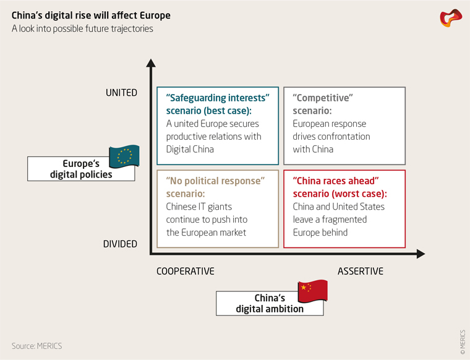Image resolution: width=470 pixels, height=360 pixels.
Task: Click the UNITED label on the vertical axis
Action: pyautogui.click(x=121, y=93)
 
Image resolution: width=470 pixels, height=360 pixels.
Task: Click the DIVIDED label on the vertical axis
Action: pyautogui.click(x=120, y=244)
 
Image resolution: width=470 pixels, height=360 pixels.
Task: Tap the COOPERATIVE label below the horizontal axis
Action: pyautogui.click(x=185, y=271)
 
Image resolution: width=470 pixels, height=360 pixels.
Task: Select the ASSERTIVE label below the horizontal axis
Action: pyautogui.click(x=361, y=271)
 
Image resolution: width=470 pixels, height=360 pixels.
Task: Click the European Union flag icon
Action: pyautogui.click(x=124, y=157)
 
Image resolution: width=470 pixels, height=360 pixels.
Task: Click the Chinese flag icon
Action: pyautogui.click(x=312, y=289)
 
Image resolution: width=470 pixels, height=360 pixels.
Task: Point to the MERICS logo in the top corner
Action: pyautogui.click(x=451, y=18)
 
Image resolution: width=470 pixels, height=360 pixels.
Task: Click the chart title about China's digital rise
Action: pyautogui.click(x=91, y=15)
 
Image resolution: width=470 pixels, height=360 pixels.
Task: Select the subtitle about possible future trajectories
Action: pyautogui.click(x=82, y=28)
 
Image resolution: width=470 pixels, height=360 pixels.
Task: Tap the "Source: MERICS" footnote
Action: pyautogui.click(x=37, y=345)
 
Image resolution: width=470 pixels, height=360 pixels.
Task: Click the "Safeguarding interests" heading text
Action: pyautogui.click(x=218, y=98)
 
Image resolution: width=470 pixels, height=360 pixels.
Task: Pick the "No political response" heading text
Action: pyautogui.click(x=215, y=180)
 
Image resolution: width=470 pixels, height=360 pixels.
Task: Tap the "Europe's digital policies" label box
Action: pyautogui.click(x=82, y=169)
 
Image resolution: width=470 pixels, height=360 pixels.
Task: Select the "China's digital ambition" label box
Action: pyautogui.click(x=270, y=303)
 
